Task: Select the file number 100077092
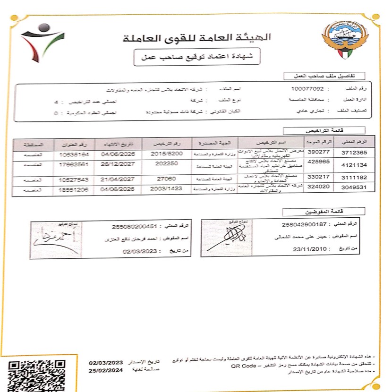pos(307,88)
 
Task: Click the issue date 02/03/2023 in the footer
pos(106,362)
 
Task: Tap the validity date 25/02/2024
pos(106,371)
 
